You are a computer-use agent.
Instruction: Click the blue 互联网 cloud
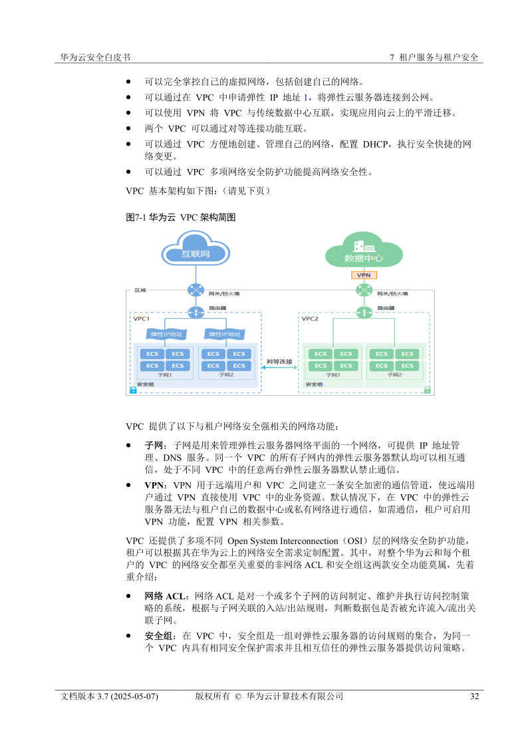click(196, 253)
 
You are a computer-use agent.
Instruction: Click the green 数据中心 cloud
click(363, 255)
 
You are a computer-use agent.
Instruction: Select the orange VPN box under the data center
click(364, 275)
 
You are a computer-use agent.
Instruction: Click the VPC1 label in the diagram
click(142, 319)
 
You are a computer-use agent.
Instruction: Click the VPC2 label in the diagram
click(310, 319)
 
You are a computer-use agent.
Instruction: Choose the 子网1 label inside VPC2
click(332, 375)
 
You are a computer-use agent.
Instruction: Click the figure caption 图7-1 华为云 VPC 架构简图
click(181, 217)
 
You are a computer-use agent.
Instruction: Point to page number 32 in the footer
click(474, 696)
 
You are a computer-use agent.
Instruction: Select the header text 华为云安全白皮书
click(95, 57)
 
